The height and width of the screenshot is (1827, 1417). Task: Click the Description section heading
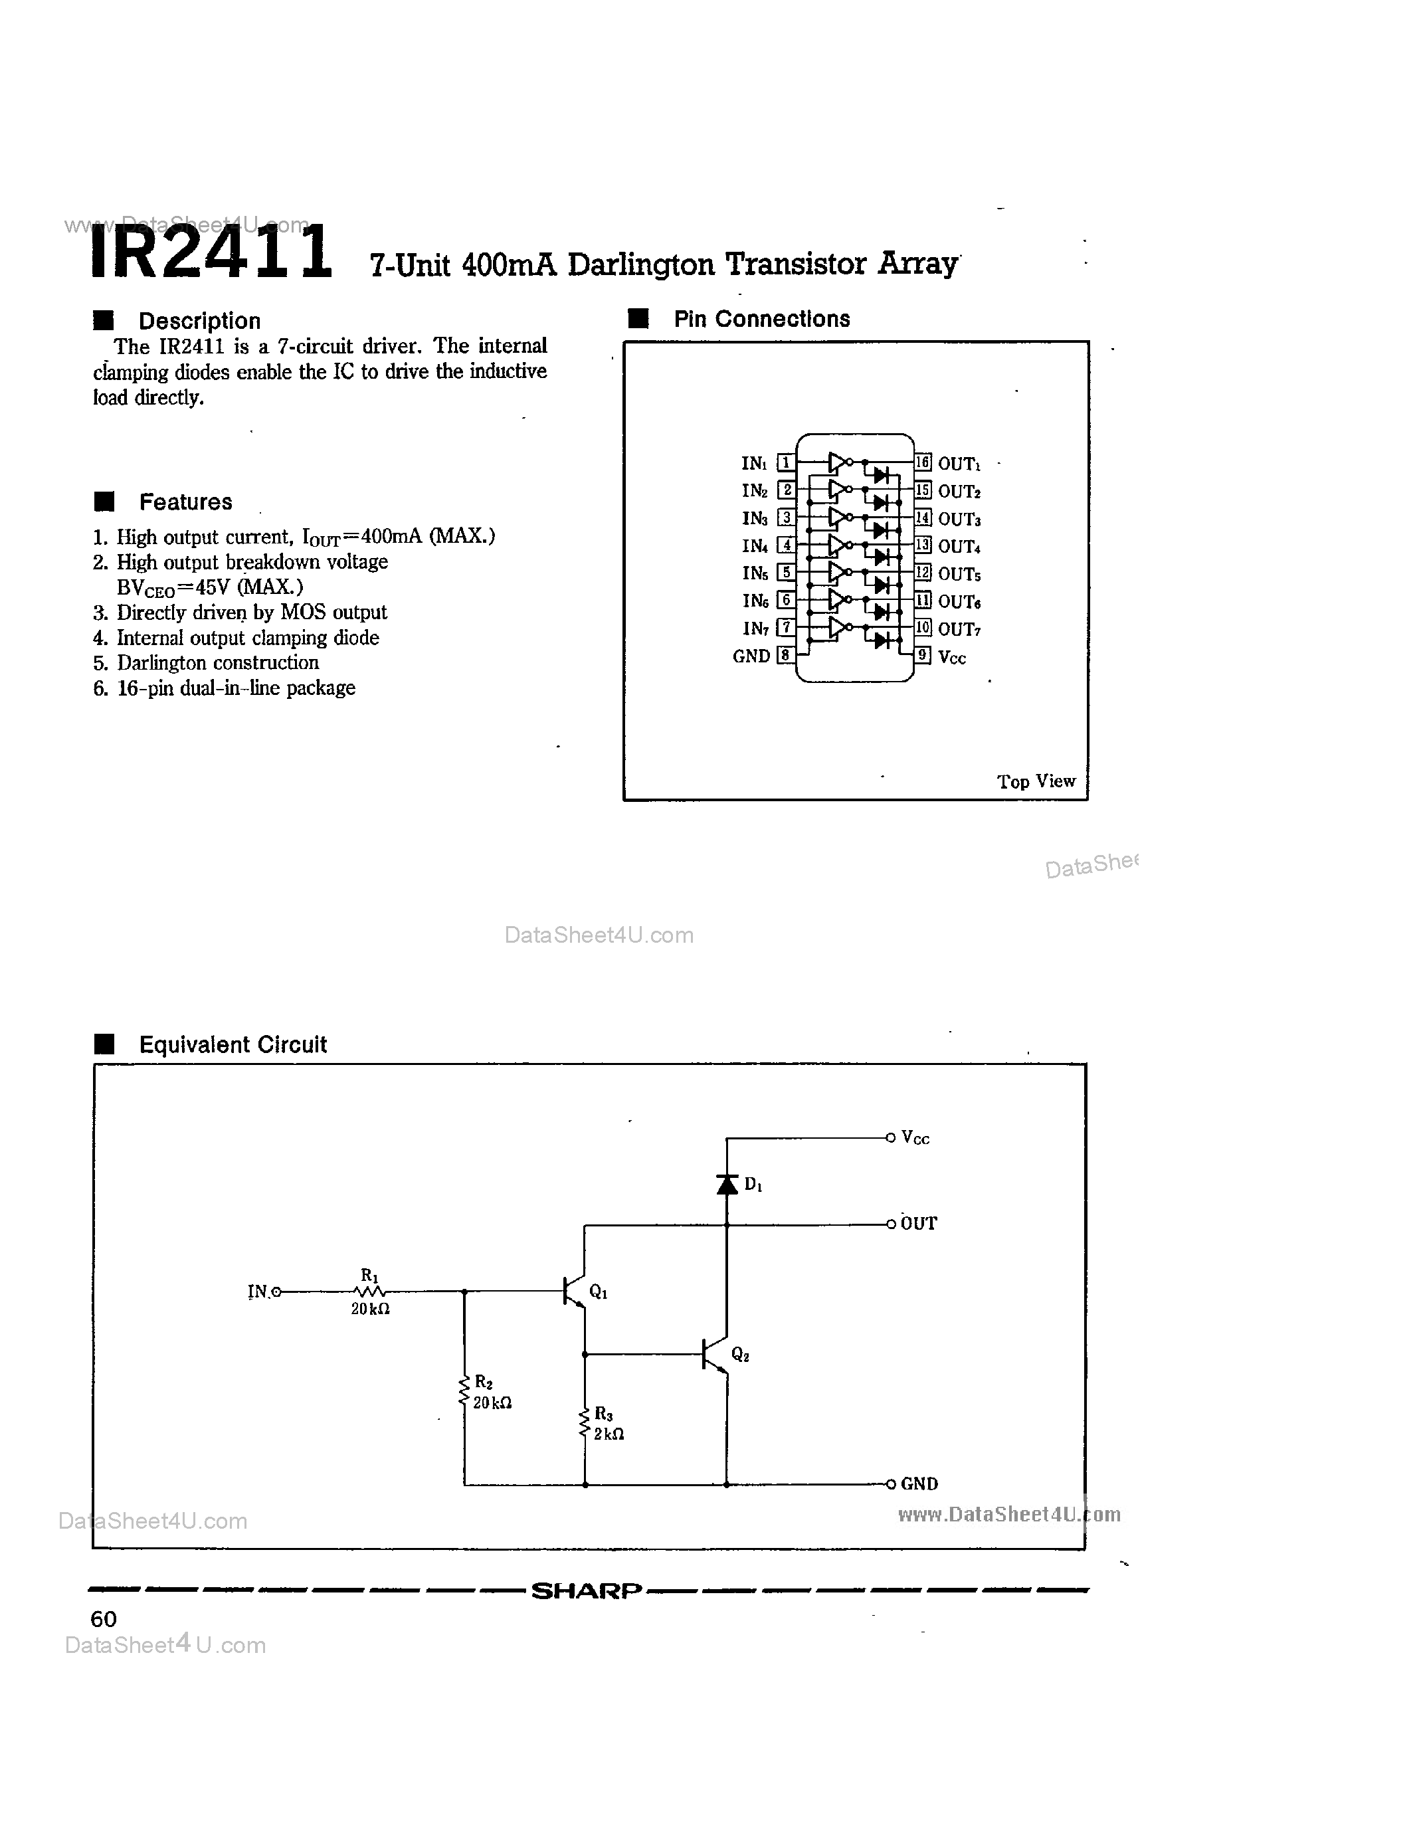[x=199, y=322]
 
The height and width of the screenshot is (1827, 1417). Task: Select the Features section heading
[x=185, y=502]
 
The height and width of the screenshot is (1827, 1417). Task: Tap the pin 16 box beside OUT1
[x=922, y=462]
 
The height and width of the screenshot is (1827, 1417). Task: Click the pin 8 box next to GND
[x=785, y=655]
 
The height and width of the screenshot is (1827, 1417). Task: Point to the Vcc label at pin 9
[x=952, y=658]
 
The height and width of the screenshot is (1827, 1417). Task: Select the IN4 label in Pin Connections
[x=755, y=546]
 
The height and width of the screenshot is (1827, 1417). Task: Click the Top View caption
[x=1036, y=781]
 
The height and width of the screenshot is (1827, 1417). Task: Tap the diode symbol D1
[x=727, y=1184]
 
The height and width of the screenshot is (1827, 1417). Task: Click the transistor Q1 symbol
[x=575, y=1291]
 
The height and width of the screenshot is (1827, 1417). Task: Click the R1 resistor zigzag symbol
[x=370, y=1292]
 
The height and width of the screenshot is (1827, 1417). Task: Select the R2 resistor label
[x=484, y=1382]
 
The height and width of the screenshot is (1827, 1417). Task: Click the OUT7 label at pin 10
[x=959, y=628]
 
